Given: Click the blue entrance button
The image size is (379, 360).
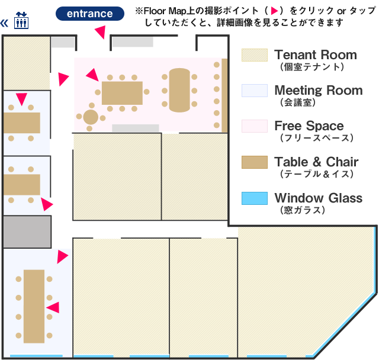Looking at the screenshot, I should pos(89,14).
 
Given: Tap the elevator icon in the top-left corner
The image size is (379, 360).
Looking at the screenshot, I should pos(21,21).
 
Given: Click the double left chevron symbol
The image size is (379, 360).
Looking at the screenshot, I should pos(5,23).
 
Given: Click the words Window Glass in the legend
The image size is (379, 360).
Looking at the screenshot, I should pos(318,198).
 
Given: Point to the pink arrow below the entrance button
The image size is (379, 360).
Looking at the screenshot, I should pos(101,33).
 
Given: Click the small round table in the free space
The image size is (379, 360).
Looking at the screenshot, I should pos(90,116).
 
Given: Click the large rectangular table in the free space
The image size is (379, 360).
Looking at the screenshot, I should pos(122,93).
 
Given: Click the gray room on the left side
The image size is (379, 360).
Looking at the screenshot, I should pos(27,232).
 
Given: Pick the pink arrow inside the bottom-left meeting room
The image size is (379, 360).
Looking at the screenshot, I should pos(53,307).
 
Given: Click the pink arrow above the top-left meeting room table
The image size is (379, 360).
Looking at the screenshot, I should pos(22,99).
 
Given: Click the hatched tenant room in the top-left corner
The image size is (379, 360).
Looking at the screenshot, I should pos(27,62).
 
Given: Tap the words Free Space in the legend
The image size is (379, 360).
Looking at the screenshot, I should pos(309,126).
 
